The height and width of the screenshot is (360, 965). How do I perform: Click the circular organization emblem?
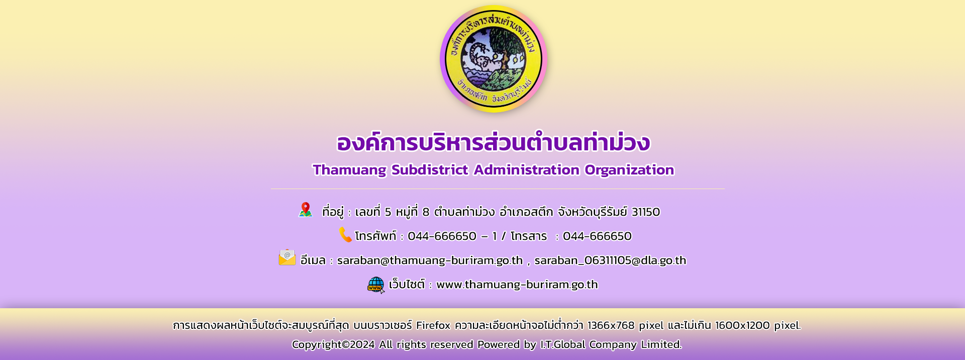tap(493, 59)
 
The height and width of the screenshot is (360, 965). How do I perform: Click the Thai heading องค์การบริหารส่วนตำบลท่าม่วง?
tap(493, 143)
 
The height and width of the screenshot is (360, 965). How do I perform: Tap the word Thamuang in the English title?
tap(349, 170)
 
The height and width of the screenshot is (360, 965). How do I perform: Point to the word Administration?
tap(526, 170)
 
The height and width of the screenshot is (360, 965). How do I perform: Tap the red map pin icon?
tap(306, 210)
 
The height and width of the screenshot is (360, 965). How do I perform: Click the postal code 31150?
tap(646, 212)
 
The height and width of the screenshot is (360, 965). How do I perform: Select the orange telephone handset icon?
tap(345, 235)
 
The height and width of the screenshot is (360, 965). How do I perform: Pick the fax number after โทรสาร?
tap(597, 236)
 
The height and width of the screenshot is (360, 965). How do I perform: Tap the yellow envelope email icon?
tap(287, 257)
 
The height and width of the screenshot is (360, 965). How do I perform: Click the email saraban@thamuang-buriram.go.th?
tap(430, 260)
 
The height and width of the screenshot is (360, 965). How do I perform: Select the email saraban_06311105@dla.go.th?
tap(610, 260)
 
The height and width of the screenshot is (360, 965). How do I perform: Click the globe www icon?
tap(376, 285)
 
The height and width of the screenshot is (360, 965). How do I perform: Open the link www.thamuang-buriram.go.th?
tap(517, 285)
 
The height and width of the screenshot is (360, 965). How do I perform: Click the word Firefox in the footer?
tap(433, 325)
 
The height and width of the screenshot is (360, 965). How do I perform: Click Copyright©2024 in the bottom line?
tap(333, 344)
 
